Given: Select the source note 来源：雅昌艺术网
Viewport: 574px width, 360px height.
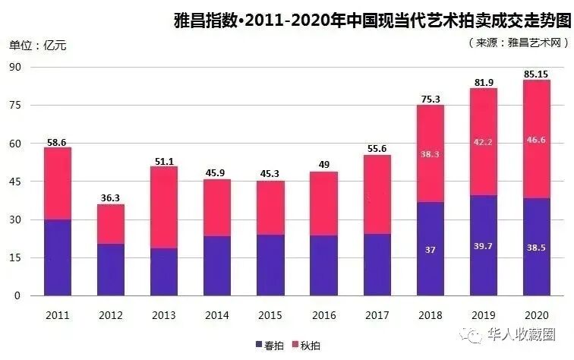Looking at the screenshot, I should pos(519,44).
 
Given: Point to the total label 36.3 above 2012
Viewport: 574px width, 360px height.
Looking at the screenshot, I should pos(111,197).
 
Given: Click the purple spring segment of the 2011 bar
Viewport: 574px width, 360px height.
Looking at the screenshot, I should pos(58,258).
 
